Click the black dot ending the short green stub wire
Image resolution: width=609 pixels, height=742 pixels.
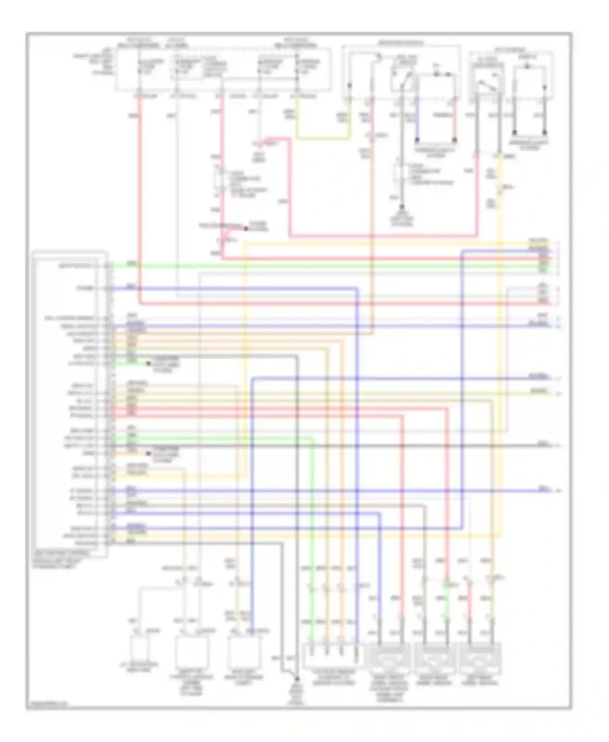click(x=148, y=364)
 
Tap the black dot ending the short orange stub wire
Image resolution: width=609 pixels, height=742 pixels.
click(x=148, y=453)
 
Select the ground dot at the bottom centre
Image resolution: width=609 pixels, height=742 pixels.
click(x=297, y=678)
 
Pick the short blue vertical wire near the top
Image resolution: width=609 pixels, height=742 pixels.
click(x=417, y=120)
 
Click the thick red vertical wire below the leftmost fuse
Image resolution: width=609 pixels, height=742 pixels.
click(x=140, y=195)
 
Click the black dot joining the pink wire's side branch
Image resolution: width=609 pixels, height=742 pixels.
click(x=245, y=229)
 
